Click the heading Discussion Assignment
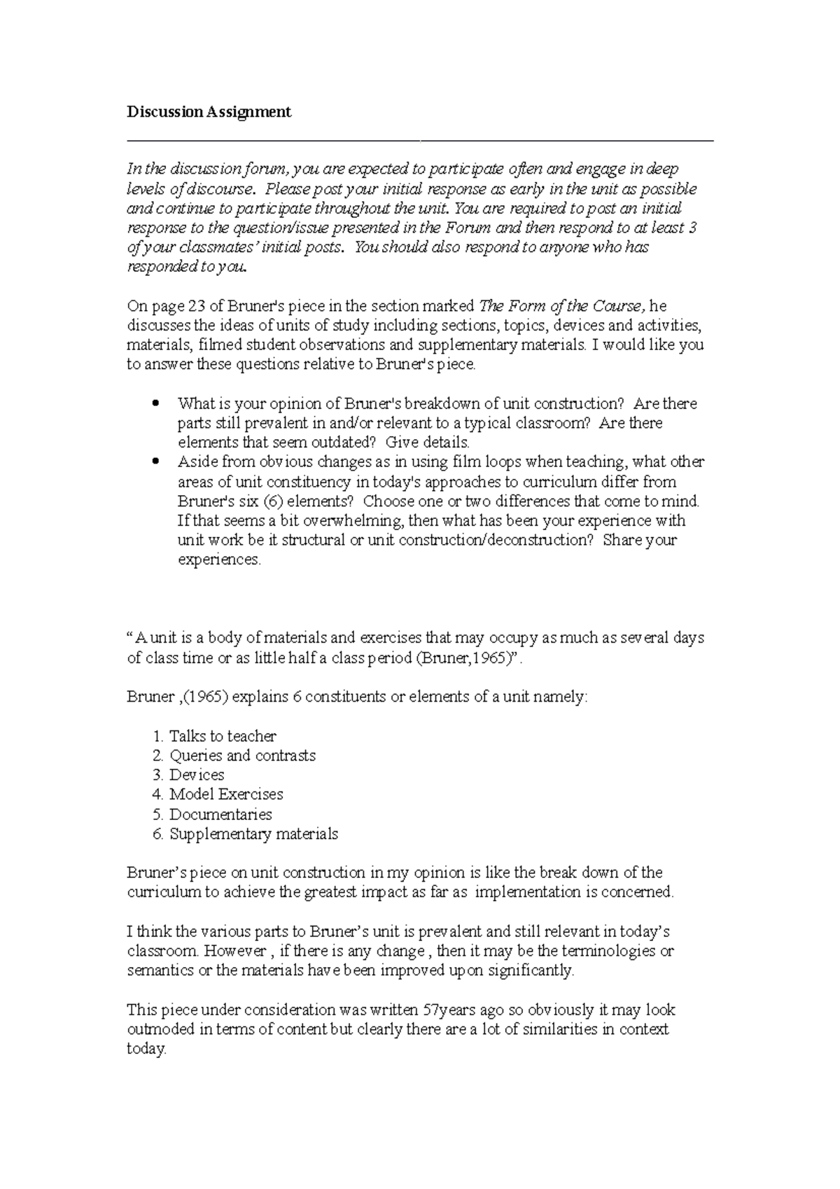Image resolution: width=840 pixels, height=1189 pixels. pos(209,112)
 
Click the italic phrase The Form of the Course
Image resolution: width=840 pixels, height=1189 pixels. pos(562,306)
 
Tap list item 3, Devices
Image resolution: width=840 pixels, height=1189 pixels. pos(197,775)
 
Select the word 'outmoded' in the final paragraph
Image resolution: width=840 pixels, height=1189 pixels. pos(160,1030)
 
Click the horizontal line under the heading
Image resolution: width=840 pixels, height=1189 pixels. pos(420,141)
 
